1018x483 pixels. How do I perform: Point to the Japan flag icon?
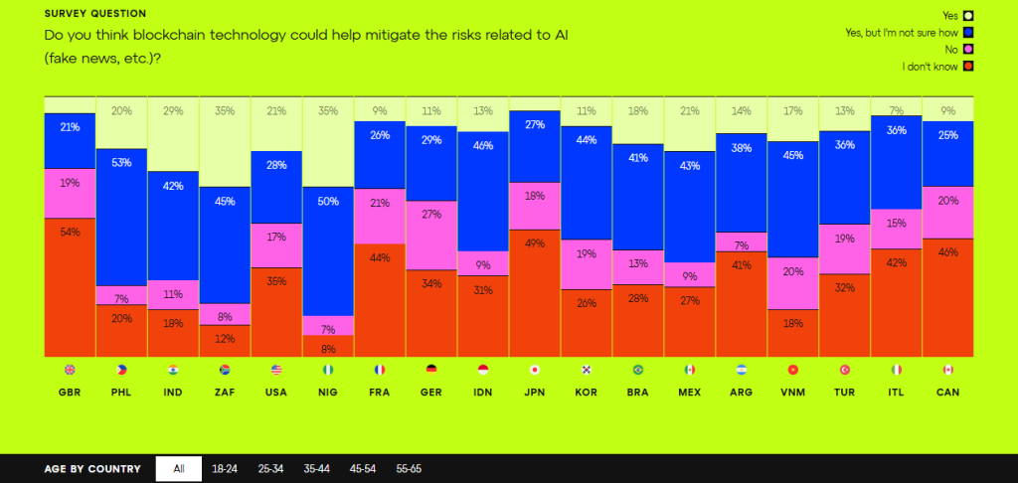click(x=535, y=370)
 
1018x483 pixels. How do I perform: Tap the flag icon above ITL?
click(x=897, y=370)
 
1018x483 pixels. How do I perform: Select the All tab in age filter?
click(x=179, y=469)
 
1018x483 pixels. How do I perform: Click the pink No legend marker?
click(x=967, y=49)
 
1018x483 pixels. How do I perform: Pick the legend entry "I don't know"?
click(x=931, y=67)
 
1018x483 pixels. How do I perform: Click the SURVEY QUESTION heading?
click(x=94, y=14)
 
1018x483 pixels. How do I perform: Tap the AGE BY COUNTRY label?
click(x=92, y=469)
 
